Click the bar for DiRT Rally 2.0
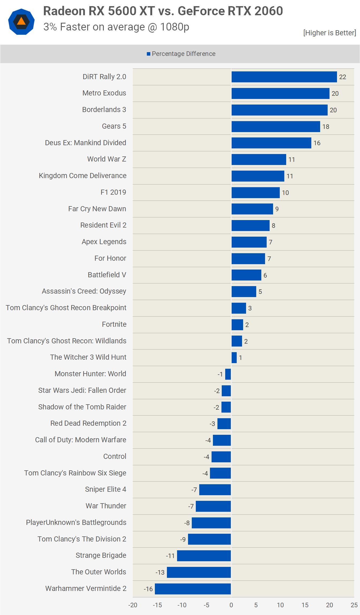(x=284, y=77)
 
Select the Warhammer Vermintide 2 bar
(x=193, y=589)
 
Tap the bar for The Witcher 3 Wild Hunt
(x=234, y=358)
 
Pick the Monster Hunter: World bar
(x=228, y=374)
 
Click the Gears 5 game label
(x=114, y=126)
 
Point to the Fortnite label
(x=114, y=324)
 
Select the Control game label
(x=115, y=456)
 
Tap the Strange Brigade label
(x=101, y=555)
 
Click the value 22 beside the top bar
(x=343, y=77)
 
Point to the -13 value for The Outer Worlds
(x=160, y=572)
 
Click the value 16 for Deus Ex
(x=317, y=143)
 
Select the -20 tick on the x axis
(x=133, y=605)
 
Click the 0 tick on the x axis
(x=231, y=605)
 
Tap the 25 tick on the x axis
(x=354, y=605)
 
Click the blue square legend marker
(x=148, y=54)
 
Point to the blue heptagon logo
(x=21, y=22)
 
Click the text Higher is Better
(x=330, y=33)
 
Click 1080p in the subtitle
(x=175, y=27)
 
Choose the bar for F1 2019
(x=255, y=193)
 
